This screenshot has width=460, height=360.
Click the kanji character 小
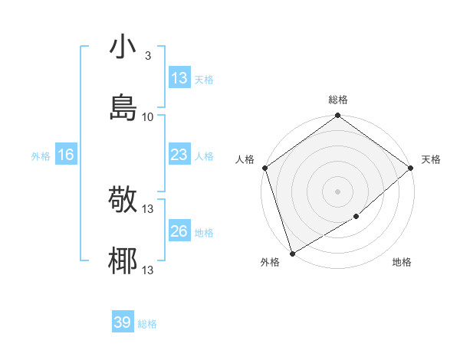(123, 48)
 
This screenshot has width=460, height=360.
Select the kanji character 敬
(123, 200)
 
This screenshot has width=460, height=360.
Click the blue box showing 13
(179, 78)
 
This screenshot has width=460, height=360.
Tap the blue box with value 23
(179, 155)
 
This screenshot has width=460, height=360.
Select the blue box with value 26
(179, 231)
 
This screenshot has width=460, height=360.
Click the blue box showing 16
(66, 155)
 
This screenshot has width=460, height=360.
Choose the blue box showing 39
(123, 322)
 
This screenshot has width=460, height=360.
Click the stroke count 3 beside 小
(147, 56)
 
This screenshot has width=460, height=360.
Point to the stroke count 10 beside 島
(148, 116)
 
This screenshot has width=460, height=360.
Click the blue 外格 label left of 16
(41, 155)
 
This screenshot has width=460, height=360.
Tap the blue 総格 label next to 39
(147, 324)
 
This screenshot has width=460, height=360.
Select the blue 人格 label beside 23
(204, 155)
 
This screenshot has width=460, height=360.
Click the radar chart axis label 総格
(338, 100)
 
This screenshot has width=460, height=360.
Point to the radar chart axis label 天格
(431, 159)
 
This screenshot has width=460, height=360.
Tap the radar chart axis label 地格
(402, 263)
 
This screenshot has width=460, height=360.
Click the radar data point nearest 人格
(264, 168)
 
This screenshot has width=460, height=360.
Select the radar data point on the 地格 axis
(356, 217)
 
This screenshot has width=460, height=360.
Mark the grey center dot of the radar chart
(337, 191)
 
